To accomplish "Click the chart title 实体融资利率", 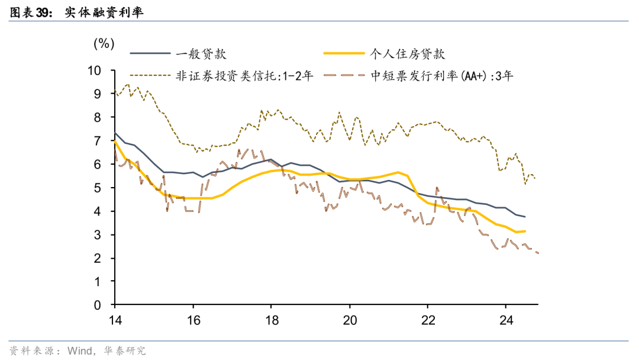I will pos(104,11).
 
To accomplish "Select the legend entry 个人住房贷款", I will pos(406,54).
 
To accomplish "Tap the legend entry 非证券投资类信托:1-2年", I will pos(243,76).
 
